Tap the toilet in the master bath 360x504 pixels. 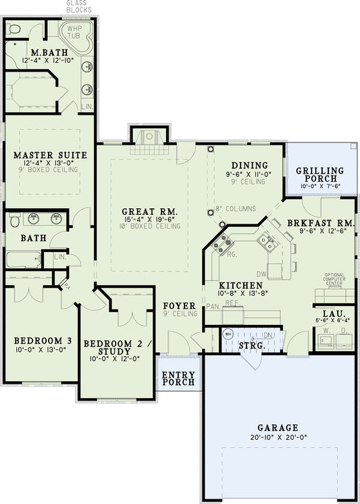pyautogui.click(x=14, y=29)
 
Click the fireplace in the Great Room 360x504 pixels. pyautogui.click(x=147, y=137)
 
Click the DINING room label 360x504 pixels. pyautogui.click(x=250, y=166)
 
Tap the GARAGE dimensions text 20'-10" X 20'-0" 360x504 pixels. pyautogui.click(x=278, y=438)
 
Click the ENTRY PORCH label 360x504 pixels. pyautogui.click(x=178, y=379)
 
